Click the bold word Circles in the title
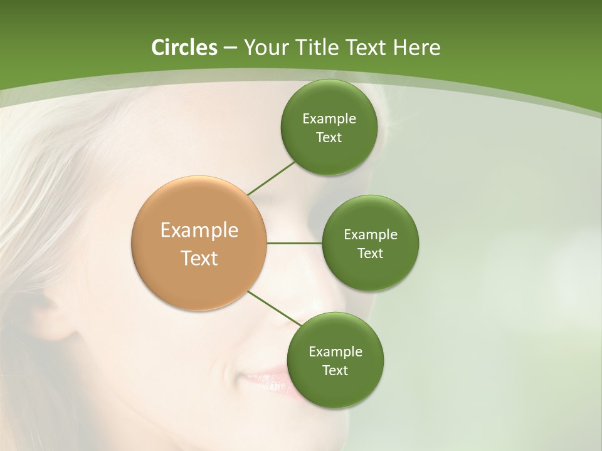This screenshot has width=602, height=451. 184,48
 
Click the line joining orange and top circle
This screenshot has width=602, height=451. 271,178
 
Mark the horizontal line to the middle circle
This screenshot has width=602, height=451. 295,243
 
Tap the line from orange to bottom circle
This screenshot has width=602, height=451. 274,308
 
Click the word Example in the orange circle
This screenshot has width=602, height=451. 199,231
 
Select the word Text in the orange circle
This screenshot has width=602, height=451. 199,258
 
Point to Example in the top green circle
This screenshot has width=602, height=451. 329,119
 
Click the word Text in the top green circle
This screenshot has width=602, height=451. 329,138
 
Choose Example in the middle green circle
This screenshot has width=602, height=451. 371,235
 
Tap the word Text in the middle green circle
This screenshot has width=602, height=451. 371,254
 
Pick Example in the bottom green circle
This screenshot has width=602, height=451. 335,352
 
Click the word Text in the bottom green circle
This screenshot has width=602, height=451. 335,371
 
